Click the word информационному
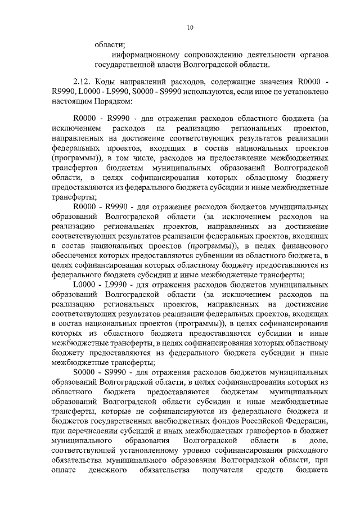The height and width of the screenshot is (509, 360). [145, 56]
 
